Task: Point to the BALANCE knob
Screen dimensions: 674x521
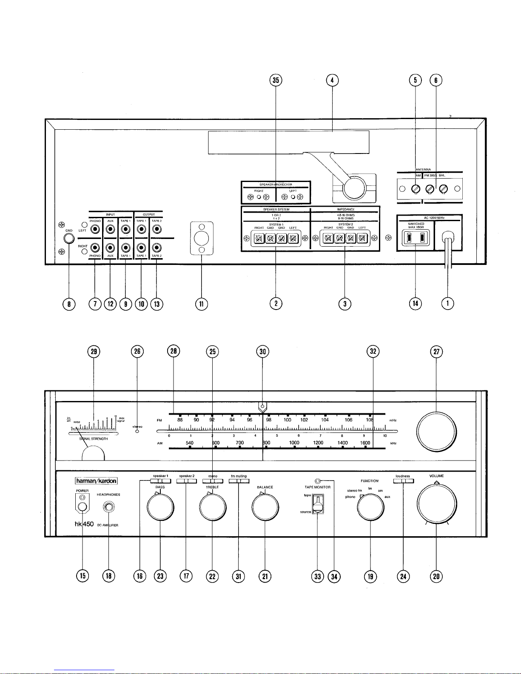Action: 265,507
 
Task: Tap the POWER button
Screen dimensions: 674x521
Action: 83,506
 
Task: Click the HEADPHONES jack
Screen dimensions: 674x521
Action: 109,507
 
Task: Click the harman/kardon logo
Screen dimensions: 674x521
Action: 96,481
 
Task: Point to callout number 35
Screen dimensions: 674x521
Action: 276,80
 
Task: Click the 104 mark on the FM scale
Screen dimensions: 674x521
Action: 325,420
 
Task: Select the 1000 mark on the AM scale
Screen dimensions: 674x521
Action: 294,443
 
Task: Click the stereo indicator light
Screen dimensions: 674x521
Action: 137,432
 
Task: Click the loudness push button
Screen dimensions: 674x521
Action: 404,481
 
